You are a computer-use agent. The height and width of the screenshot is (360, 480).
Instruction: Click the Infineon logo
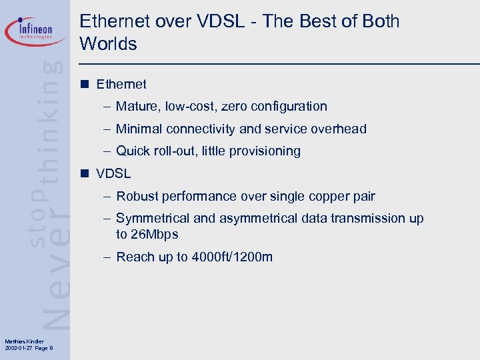tap(37, 30)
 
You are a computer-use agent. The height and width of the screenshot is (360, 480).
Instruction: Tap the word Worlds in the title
tap(108, 45)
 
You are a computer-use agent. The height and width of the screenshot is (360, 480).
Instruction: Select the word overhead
tap(339, 129)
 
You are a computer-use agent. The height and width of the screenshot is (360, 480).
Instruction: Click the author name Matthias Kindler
tap(23, 342)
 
